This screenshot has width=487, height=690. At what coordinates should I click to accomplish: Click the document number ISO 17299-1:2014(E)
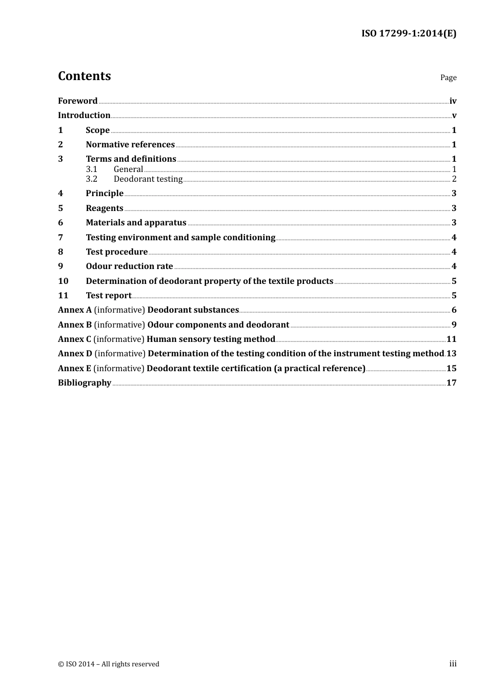coord(409,33)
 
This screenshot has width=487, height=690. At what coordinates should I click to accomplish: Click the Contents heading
coord(84,76)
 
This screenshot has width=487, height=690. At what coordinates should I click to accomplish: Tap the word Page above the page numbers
coord(448,78)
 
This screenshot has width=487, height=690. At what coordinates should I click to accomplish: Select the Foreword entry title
coord(77,101)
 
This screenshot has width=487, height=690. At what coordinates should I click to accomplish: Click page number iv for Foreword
coord(453,101)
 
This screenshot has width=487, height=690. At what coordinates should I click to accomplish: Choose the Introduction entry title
coord(84,115)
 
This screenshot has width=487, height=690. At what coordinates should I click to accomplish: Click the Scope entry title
coord(97,130)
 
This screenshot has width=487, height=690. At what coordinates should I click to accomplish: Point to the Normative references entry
coord(130,144)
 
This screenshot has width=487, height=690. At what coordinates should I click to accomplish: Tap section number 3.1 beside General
coord(91,169)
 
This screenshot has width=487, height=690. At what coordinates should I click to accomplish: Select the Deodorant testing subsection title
coord(148,179)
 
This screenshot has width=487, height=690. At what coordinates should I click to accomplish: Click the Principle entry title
coord(105,193)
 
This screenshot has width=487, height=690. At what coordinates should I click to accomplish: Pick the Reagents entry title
coord(104,208)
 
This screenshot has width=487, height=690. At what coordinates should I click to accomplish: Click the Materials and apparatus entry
coord(136,222)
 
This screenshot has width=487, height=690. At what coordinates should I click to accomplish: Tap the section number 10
coord(63,281)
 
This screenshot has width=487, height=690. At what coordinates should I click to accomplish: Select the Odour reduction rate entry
coord(129,266)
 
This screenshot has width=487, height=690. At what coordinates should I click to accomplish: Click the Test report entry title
coord(108,295)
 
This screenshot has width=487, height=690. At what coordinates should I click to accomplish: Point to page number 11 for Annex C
coord(451,339)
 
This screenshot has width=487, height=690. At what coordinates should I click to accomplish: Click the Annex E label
coord(74,368)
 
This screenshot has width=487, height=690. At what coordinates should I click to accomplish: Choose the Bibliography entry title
coord(85,382)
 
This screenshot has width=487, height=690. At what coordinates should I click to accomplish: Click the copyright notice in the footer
coord(109,664)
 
